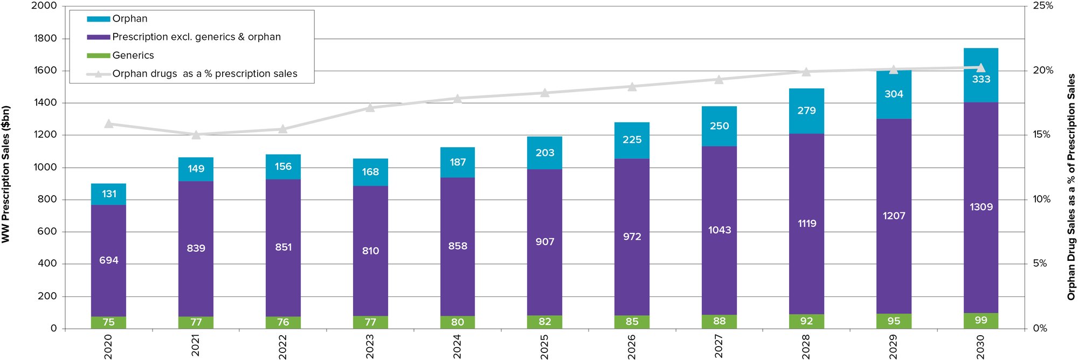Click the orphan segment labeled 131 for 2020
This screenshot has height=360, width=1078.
click(108, 194)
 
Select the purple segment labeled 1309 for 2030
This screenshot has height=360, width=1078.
click(980, 207)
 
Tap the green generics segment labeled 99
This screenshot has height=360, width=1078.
click(980, 321)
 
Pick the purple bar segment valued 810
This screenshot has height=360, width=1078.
click(370, 251)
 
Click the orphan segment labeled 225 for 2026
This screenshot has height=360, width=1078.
click(632, 140)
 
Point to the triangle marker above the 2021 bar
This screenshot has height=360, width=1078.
click(196, 135)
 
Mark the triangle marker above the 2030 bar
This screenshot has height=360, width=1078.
click(980, 68)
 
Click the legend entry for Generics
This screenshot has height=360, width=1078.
click(133, 56)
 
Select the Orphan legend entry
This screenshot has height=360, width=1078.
click(129, 19)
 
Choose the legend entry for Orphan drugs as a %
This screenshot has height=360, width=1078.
click(204, 74)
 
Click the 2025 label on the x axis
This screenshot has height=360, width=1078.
click(544, 347)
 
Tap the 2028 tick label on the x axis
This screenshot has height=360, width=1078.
click(806, 347)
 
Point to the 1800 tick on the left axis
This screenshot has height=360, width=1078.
click(45, 38)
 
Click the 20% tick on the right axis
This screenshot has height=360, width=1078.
click(1042, 71)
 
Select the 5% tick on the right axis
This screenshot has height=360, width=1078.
click(1040, 264)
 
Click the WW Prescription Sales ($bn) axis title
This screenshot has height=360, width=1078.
click(6, 174)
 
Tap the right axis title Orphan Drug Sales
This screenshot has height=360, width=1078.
click(1071, 186)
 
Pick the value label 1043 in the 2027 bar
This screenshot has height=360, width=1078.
click(719, 230)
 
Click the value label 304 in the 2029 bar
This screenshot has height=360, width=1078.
click(893, 94)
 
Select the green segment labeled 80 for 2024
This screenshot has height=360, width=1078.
click(458, 322)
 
